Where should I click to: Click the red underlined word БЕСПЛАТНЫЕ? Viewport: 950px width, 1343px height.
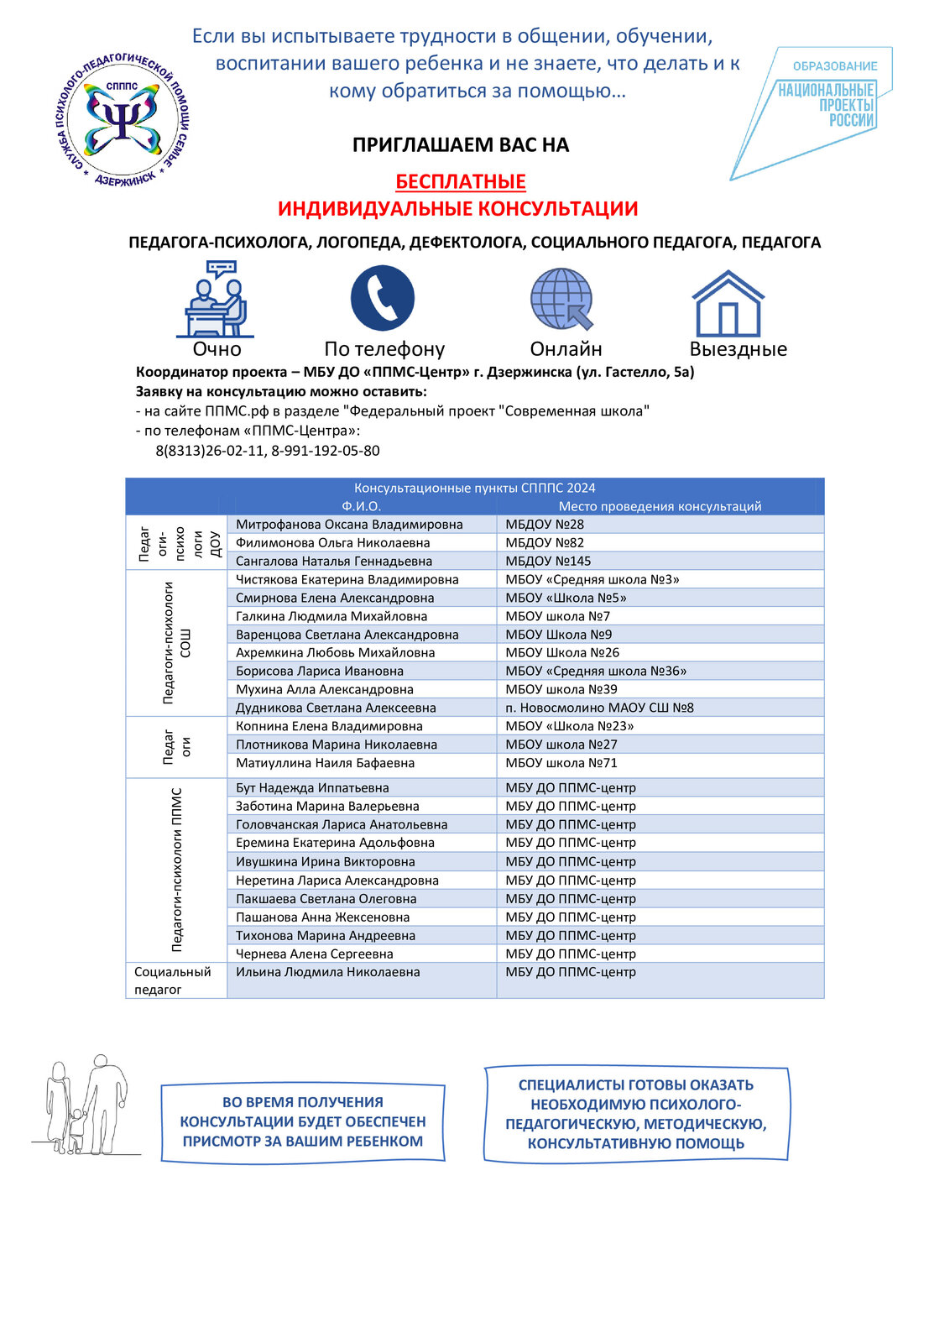tap(461, 182)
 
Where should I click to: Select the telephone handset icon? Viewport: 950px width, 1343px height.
tap(383, 298)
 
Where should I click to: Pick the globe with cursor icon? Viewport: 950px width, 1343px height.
tap(562, 299)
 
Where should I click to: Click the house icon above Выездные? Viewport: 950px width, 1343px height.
tap(728, 303)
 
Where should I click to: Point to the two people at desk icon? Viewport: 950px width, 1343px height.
tap(216, 300)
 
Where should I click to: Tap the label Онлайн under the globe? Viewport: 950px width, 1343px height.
tap(566, 349)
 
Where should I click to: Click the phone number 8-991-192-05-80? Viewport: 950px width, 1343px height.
tap(326, 451)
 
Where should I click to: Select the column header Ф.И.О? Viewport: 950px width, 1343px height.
tap(361, 506)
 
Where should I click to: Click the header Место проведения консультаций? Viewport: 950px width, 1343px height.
tap(660, 506)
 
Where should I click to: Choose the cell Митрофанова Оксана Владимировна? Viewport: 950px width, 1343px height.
tap(349, 525)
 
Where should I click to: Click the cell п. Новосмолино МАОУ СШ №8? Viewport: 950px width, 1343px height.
tap(599, 708)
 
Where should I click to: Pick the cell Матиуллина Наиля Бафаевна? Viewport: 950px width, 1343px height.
tap(325, 763)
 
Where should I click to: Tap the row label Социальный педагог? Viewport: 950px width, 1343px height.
tap(173, 980)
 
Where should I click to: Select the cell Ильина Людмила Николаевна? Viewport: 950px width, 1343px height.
tap(327, 972)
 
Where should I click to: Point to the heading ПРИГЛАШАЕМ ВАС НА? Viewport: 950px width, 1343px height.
tap(461, 145)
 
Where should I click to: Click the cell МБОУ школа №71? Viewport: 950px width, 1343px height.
tap(561, 763)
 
